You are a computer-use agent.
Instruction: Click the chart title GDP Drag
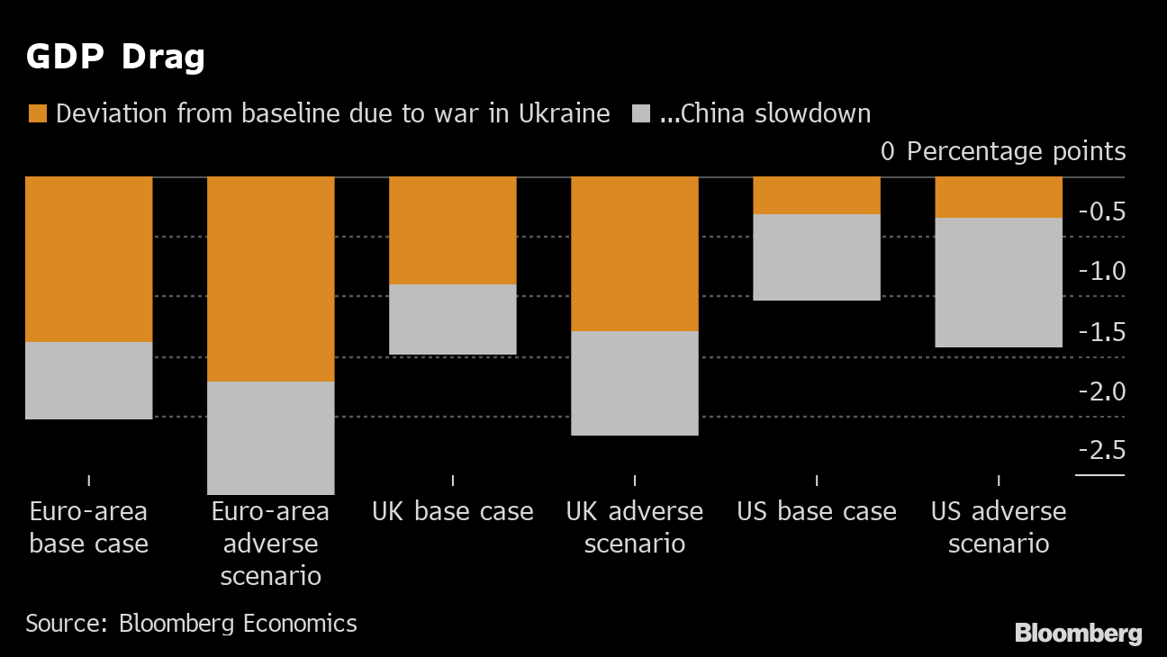(115, 58)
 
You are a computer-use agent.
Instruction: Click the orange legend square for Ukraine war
(38, 114)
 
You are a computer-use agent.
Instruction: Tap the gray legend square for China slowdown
(640, 114)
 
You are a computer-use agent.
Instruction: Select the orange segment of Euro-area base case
(88, 259)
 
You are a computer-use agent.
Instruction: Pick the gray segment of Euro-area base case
(88, 381)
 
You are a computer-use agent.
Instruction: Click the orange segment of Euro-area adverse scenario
(271, 279)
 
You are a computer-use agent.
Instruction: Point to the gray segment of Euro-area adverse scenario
(271, 437)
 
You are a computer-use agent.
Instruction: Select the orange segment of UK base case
(452, 230)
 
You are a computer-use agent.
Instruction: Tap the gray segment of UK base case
(452, 319)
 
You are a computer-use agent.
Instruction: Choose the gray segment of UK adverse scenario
(635, 383)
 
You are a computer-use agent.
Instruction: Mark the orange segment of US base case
(816, 195)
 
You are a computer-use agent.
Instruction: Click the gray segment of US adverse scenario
(999, 283)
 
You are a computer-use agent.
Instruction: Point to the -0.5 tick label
(1101, 212)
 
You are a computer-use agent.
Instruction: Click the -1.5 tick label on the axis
(1101, 332)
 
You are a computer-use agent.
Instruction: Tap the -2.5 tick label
(1101, 450)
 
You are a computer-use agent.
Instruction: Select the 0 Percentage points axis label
(1003, 151)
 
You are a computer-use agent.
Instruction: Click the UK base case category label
(452, 512)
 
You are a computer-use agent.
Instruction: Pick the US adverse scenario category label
(999, 527)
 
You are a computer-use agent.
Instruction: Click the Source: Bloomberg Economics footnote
(191, 623)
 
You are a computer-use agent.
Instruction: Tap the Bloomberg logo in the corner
(1078, 634)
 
